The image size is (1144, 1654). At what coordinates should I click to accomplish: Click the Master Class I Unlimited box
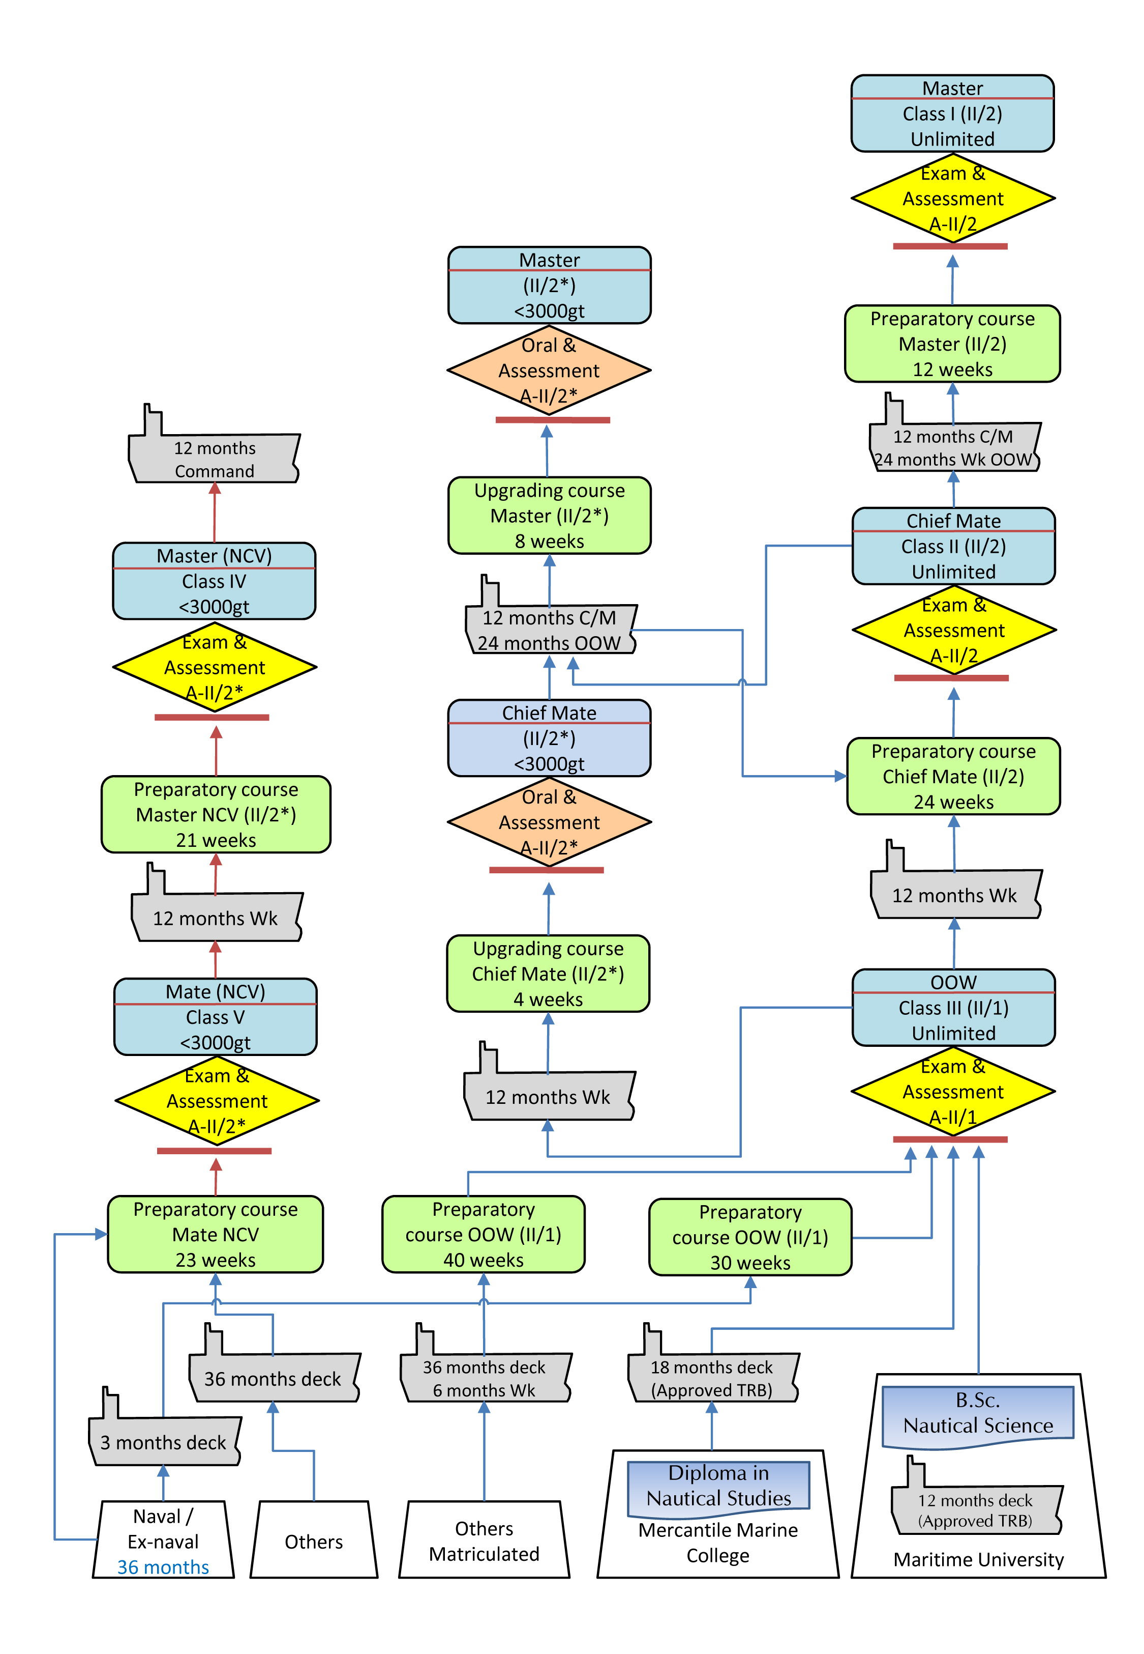(952, 113)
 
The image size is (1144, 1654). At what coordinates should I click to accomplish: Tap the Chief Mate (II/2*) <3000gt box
(549, 737)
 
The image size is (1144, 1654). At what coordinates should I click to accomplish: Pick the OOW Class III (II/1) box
(953, 1007)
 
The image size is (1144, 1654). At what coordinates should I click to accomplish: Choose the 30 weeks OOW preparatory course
(750, 1237)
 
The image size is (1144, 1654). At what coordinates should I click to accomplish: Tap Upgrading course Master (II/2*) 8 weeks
(549, 515)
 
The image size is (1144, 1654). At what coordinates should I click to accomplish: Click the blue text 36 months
(163, 1566)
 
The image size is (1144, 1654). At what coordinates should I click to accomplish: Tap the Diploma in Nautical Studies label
(718, 1485)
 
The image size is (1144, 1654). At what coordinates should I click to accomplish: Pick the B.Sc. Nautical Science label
(978, 1412)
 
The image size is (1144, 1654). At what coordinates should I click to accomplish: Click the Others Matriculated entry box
(484, 1540)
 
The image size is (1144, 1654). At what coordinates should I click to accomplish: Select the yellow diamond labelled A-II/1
(953, 1091)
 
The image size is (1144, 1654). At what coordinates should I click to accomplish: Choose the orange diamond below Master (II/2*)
(549, 370)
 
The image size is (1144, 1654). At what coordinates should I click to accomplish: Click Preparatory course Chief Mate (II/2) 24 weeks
(953, 776)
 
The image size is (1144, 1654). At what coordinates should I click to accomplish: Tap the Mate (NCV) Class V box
(215, 1016)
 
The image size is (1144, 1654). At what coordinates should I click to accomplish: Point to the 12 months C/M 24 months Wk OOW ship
(953, 447)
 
